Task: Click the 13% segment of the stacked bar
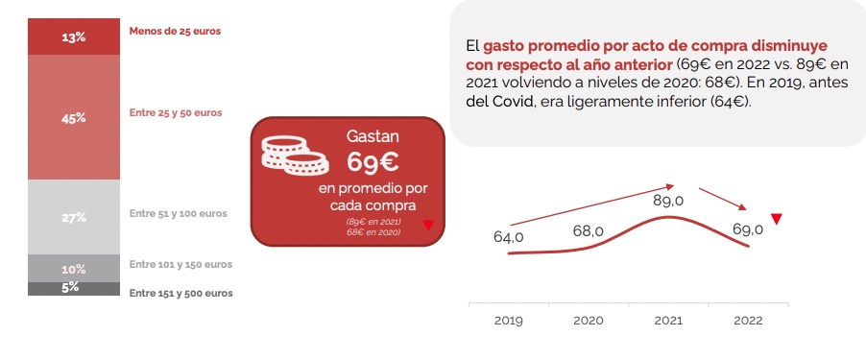point(74,37)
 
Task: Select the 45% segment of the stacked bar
point(74,117)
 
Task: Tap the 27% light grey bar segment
point(74,217)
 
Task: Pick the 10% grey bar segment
point(74,268)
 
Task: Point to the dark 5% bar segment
point(74,288)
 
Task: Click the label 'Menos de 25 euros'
point(175,32)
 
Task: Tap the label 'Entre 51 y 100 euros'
point(178,213)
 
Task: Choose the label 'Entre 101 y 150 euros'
point(180,264)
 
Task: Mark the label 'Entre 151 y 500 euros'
point(180,293)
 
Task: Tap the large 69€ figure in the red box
point(373,160)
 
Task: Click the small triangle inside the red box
point(428,226)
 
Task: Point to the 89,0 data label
point(667,201)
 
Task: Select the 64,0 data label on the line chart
point(508,236)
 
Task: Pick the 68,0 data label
point(588,231)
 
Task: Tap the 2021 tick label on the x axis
point(667,321)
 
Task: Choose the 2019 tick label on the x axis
point(508,321)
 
